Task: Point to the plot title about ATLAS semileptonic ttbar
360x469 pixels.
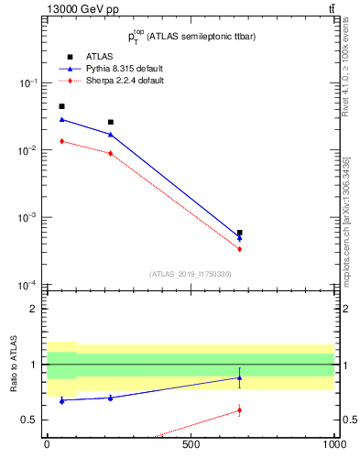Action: pos(191,37)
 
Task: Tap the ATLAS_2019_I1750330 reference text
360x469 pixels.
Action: pos(190,274)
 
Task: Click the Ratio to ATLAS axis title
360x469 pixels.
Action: pos(15,363)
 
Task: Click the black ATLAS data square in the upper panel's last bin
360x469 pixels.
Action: pos(239,233)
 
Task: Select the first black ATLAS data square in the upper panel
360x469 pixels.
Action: pos(61,106)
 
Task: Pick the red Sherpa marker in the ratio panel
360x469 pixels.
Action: pos(239,409)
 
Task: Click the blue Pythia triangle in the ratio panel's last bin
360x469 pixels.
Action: pos(239,377)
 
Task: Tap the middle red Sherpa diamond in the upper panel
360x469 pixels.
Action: pos(110,153)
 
